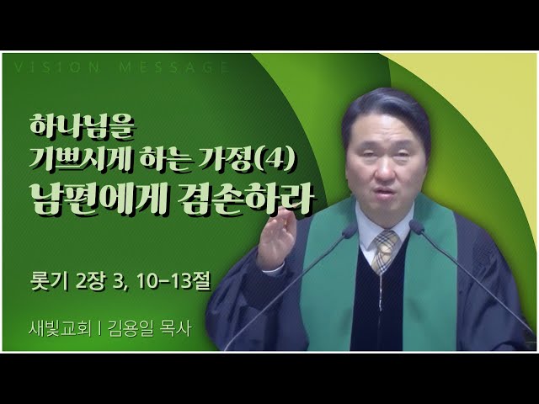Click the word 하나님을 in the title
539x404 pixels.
tap(82, 127)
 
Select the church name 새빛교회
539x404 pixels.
tap(61, 329)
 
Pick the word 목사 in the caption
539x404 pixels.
tap(176, 329)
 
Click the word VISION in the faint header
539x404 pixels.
tap(57, 67)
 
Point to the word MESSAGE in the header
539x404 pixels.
tap(174, 67)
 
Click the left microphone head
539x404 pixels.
tap(350, 231)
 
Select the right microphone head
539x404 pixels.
tap(417, 227)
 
